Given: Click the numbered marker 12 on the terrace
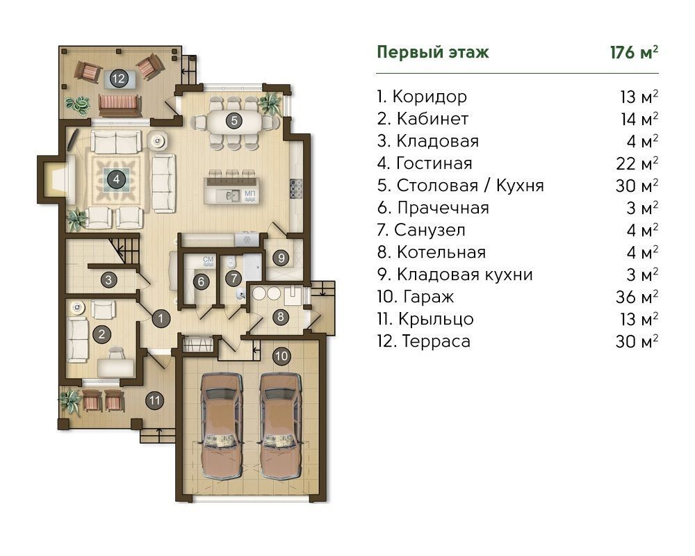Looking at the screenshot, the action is pos(118,79).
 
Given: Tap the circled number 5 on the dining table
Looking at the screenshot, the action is pos(234,120).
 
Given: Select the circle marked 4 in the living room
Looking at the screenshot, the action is pos(116,179).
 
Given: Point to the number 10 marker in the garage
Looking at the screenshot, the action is pos(281,356).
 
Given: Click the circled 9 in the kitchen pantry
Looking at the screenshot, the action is pos(281,258).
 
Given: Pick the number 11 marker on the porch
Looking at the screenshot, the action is pos(154,401).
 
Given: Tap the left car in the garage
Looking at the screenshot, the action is pos(221,425).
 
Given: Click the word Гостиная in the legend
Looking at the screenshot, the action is pos(434,163).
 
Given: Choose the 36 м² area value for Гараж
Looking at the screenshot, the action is pos(637,297).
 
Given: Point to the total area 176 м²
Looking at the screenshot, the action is pos(634,52).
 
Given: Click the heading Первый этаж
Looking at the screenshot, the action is pos(433,52).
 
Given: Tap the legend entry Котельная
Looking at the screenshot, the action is pos(441,252).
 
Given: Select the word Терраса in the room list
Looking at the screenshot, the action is pos(436,341).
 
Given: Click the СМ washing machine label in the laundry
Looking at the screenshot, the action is pos(208,260).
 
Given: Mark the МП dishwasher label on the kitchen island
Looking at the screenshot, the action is pos(250,194).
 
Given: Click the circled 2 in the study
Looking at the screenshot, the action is pos(101,334).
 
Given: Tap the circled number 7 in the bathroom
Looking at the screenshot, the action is pos(233,279).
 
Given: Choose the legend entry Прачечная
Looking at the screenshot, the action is pos(443,208).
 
